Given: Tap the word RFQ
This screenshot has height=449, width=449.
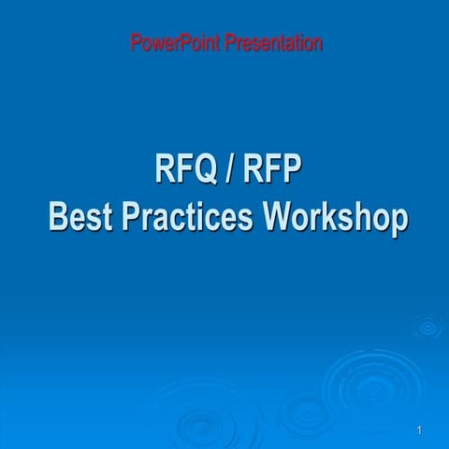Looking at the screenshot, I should pos(186,172).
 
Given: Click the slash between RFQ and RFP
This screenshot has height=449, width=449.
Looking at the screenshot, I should pos(230,172).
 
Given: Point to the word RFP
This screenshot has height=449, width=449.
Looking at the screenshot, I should pos(272,172).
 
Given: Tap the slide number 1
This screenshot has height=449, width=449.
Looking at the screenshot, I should pos(421,429).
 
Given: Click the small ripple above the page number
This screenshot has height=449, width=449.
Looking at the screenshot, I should pos(427,326).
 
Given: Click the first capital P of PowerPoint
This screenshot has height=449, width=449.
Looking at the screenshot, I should pos(136,43).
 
